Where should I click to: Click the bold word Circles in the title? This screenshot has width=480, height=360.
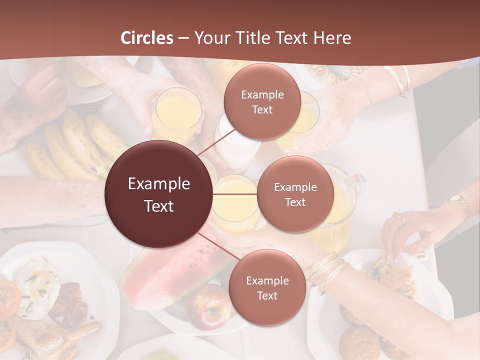pos(146,37)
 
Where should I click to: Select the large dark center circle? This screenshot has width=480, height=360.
pos(159,194)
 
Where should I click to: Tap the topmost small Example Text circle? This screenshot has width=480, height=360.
pos(262,102)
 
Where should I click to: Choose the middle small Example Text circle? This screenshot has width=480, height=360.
pos(295,194)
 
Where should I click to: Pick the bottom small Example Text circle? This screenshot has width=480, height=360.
pos(267,288)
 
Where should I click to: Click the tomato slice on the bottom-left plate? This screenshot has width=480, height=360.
pos(9,297)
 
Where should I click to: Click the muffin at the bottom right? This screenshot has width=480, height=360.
pos(357,342)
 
